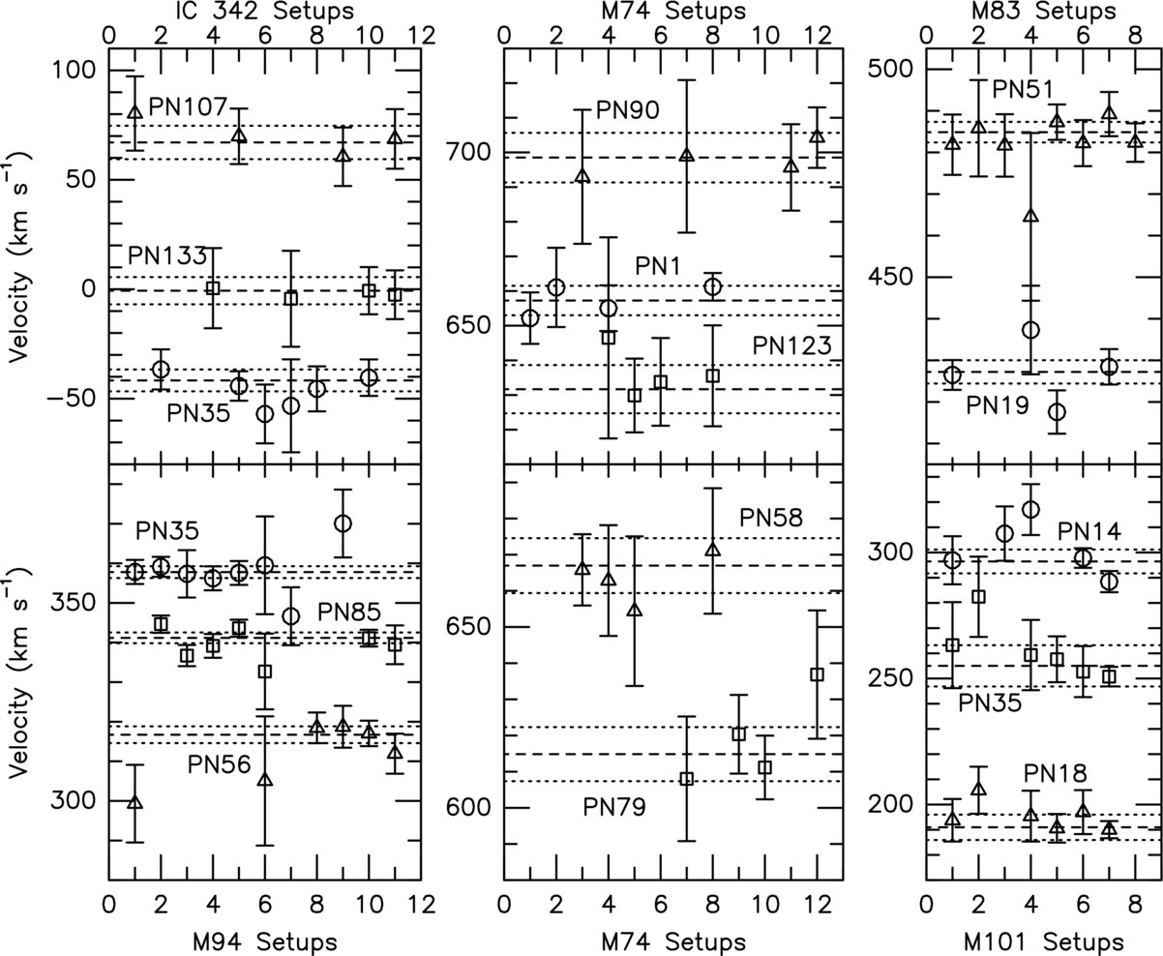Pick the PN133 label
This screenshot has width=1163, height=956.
click(167, 256)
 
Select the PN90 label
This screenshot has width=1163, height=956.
click(627, 109)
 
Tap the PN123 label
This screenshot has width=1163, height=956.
click(792, 345)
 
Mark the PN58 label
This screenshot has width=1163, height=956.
click(771, 518)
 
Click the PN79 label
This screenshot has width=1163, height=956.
click(615, 806)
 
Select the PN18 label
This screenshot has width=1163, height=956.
click(1056, 773)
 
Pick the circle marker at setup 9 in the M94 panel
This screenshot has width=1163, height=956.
click(342, 523)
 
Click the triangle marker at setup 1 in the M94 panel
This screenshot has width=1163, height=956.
click(134, 801)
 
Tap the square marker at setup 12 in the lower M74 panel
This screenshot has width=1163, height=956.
click(817, 674)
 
